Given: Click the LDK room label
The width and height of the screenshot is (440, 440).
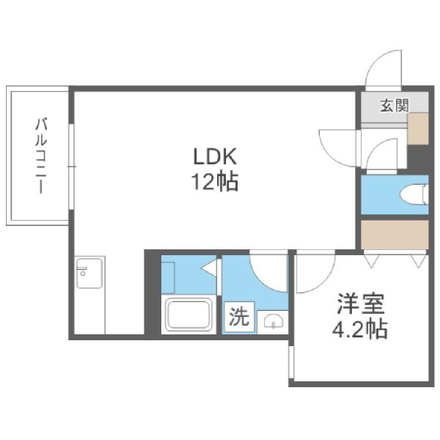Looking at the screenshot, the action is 215,157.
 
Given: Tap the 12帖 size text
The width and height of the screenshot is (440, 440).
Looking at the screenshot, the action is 215,182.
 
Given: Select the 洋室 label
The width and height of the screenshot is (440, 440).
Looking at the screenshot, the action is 361,304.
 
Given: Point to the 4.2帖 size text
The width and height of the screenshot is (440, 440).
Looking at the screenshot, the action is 360,329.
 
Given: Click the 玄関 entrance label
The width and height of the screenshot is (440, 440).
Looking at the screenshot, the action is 395,106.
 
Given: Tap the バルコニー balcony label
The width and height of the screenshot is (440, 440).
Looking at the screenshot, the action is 41,156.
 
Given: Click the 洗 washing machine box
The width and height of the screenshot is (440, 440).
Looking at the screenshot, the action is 239,318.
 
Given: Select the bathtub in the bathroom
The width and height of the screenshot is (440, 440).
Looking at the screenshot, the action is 188,315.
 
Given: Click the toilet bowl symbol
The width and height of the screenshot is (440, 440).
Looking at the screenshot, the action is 414,194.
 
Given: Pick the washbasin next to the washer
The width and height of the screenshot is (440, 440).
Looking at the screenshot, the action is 273,321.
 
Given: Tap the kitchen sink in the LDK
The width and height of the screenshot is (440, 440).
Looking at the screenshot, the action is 89,273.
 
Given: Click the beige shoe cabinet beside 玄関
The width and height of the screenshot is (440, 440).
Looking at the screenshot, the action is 418,129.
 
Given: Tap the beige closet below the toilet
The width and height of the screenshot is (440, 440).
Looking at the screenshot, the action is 395,235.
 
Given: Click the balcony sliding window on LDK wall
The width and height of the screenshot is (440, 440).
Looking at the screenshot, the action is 72,166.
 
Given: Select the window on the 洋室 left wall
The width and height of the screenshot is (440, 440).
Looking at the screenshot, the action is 291,362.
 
